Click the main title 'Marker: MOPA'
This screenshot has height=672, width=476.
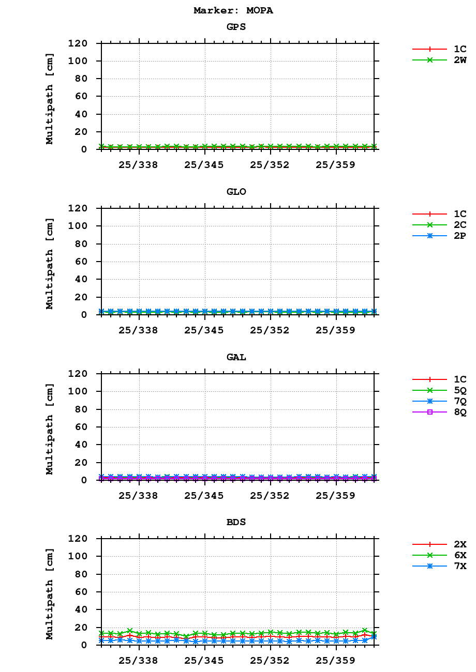coord(233,10)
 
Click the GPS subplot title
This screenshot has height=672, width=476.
coord(236,27)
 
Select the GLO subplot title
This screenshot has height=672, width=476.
coord(236,192)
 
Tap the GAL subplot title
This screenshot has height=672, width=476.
coord(236,357)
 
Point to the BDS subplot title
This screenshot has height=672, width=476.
coord(236,522)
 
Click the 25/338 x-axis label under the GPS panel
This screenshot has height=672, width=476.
coord(138,165)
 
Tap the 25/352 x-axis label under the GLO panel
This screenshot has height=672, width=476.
coord(270,330)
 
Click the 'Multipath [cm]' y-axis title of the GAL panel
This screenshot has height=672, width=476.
coord(50,429)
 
